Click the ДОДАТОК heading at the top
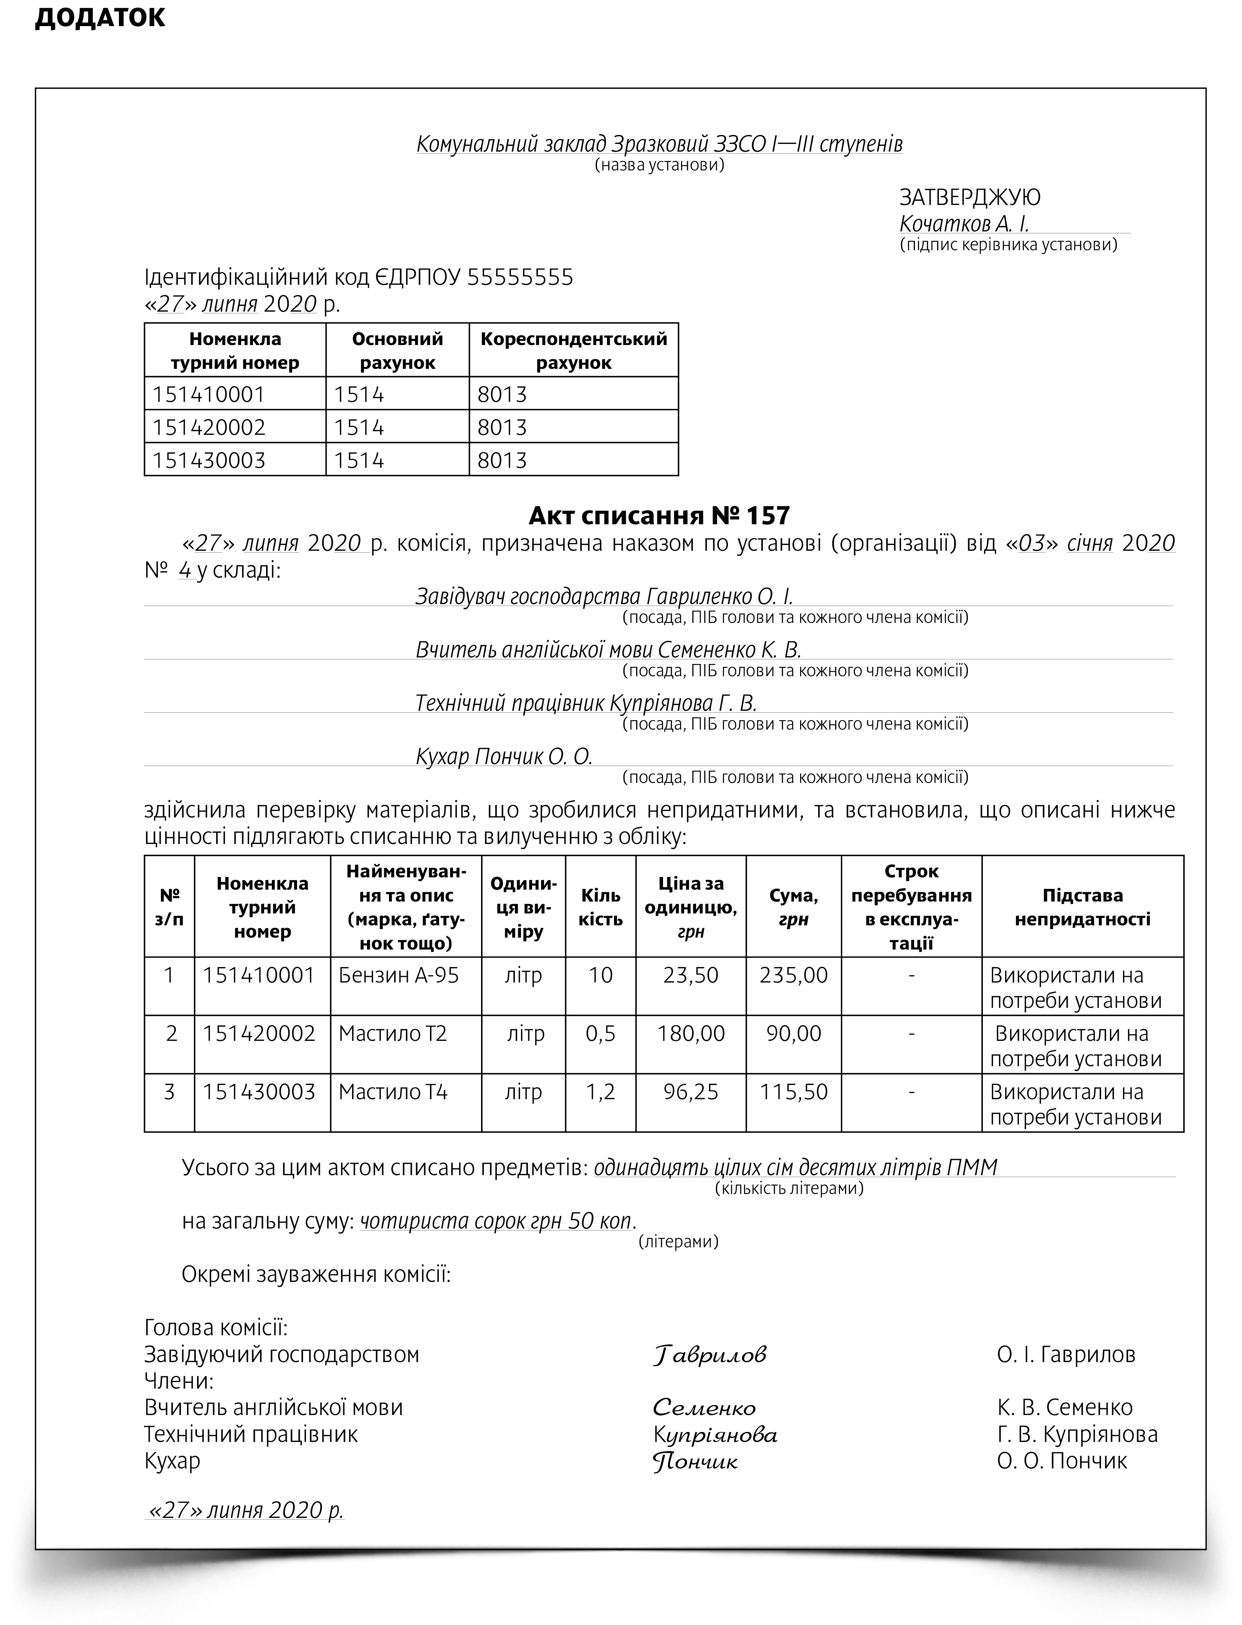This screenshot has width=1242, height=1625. [x=100, y=18]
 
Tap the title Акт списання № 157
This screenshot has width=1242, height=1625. [x=660, y=515]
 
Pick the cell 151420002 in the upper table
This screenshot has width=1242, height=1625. [x=209, y=427]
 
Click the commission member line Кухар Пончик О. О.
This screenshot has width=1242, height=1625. [x=504, y=756]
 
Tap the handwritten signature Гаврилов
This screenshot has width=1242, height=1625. [x=710, y=1354]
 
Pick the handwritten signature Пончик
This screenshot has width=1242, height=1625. [x=695, y=1461]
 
